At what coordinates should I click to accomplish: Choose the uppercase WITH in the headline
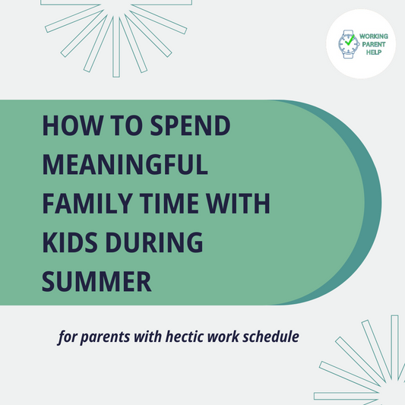tap(243, 204)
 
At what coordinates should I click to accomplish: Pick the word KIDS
tap(71, 242)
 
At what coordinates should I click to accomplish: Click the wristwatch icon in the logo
tap(347, 43)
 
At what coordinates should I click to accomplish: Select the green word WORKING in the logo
tap(372, 36)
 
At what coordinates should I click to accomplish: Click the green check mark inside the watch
tap(348, 43)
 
